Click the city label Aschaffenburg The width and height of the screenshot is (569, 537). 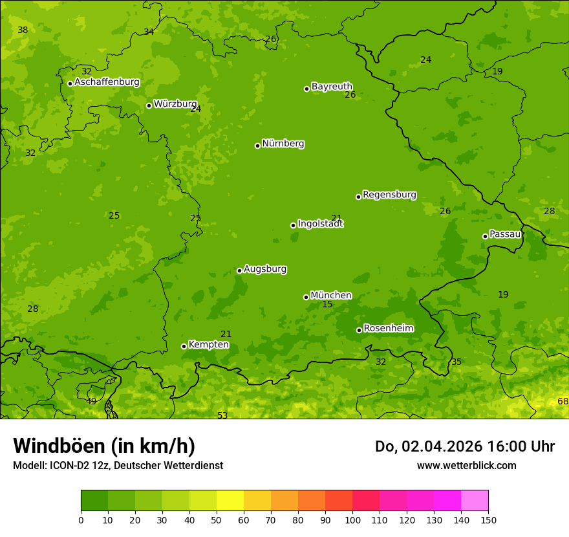[x=107, y=82]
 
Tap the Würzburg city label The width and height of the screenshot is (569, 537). [x=175, y=104]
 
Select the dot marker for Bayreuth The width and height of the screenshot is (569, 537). [x=307, y=89]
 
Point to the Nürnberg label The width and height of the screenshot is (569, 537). [x=283, y=144]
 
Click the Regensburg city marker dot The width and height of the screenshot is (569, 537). [x=358, y=197]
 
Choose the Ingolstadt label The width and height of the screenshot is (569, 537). [x=320, y=224]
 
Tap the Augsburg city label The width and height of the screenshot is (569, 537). [x=265, y=269]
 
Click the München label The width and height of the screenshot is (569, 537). [x=331, y=296]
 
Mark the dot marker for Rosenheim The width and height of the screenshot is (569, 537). [x=359, y=331]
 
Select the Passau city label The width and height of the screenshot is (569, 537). [x=505, y=234]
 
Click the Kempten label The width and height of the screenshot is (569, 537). [x=208, y=345]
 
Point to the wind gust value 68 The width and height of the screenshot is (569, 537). [x=563, y=402]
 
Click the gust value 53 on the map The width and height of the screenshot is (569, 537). [x=222, y=415]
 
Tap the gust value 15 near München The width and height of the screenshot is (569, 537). [x=327, y=305]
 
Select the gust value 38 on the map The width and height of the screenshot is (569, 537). [x=23, y=30]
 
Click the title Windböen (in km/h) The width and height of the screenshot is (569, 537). [x=103, y=446]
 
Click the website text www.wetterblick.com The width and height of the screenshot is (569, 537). [x=466, y=465]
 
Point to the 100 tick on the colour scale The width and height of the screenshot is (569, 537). [x=352, y=520]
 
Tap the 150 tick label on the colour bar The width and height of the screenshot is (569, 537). [x=488, y=520]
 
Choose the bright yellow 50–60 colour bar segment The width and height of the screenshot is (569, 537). [x=230, y=501]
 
